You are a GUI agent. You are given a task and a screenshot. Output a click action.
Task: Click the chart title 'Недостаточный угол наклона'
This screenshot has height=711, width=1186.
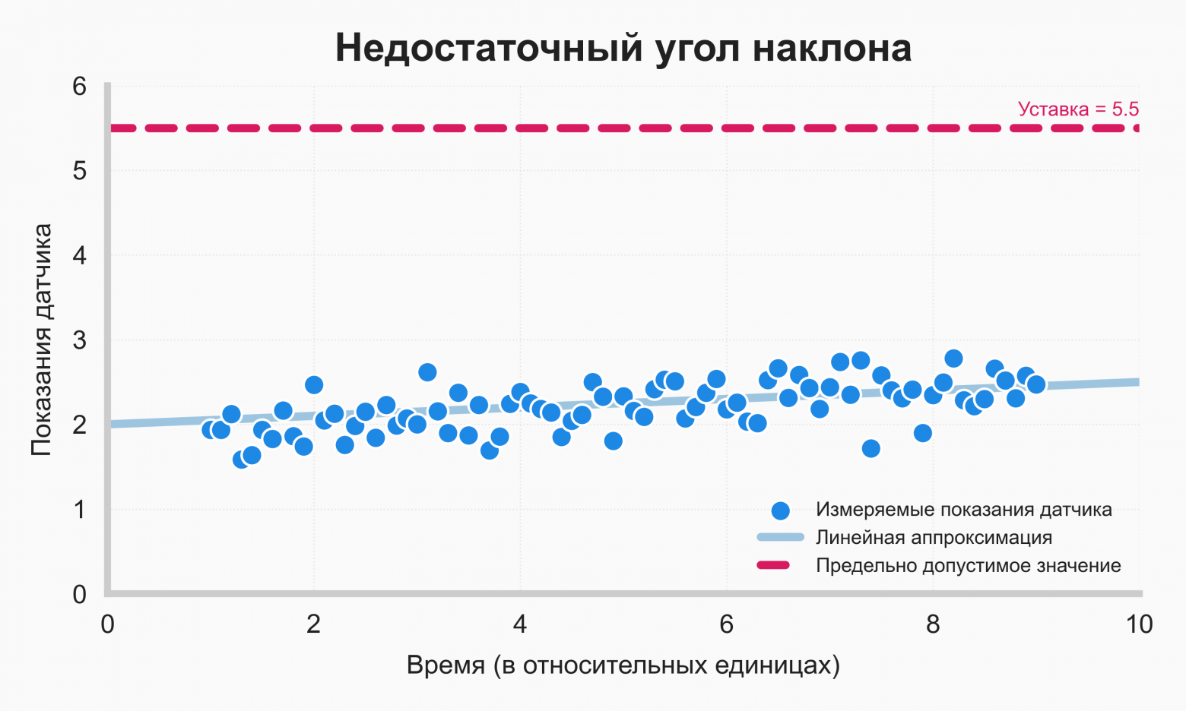coord(623,48)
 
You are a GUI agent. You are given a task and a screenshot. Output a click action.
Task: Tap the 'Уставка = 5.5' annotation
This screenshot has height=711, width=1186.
coord(1077,109)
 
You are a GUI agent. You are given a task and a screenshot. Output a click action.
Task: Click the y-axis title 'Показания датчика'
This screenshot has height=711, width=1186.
coord(41,340)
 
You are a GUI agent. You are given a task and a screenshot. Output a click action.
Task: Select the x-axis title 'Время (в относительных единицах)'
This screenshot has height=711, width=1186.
coord(623,665)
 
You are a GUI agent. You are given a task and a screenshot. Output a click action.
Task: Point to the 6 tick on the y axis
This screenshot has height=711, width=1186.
coord(80,86)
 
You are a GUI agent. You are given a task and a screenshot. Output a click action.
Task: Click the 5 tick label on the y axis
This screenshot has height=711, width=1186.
coord(80,171)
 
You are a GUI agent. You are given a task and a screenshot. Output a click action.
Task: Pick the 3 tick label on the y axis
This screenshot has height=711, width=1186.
coord(80,340)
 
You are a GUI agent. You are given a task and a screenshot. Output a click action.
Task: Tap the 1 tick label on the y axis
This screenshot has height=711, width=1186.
coord(80,510)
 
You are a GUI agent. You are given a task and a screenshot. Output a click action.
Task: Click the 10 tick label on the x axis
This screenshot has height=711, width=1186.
coord(1139,624)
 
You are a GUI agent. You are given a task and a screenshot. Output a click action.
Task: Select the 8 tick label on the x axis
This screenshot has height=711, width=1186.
coord(933,624)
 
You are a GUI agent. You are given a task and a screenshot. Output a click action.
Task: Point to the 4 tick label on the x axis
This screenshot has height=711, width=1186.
coord(520,624)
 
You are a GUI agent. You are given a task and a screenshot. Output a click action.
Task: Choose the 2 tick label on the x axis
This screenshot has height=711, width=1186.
coord(313,624)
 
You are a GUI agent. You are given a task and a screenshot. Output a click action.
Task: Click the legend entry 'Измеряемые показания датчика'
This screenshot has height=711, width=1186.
coord(963,510)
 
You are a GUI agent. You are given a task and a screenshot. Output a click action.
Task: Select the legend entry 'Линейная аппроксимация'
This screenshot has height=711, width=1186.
coord(934,538)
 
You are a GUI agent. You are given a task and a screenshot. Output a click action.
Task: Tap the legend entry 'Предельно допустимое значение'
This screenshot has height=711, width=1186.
coord(968,566)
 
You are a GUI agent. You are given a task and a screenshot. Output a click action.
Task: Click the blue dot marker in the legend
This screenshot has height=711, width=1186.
coord(780,510)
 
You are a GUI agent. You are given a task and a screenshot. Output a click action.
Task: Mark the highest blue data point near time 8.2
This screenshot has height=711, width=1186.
coord(953,359)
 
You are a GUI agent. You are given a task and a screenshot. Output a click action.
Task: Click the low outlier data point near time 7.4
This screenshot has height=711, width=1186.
coord(871,448)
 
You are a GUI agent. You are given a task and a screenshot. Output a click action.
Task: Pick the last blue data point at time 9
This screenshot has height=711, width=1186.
coord(1035,384)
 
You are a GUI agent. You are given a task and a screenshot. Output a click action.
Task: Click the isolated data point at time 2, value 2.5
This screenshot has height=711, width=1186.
coord(314,385)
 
